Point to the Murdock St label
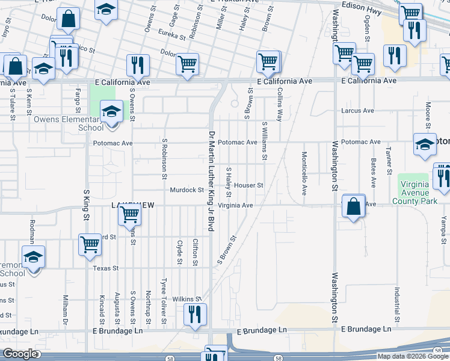pyautogui.click(x=187, y=190)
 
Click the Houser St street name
pyautogui.click(x=249, y=185)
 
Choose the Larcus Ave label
pyautogui.click(x=357, y=111)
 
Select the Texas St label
pyautogui.click(x=106, y=268)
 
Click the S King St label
pyautogui.click(x=87, y=203)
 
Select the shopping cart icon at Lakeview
pyautogui.click(x=129, y=214)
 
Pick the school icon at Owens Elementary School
pyautogui.click(x=111, y=113)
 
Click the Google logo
pyautogui.click(x=20, y=354)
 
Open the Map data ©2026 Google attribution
pyautogui.click(x=413, y=356)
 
